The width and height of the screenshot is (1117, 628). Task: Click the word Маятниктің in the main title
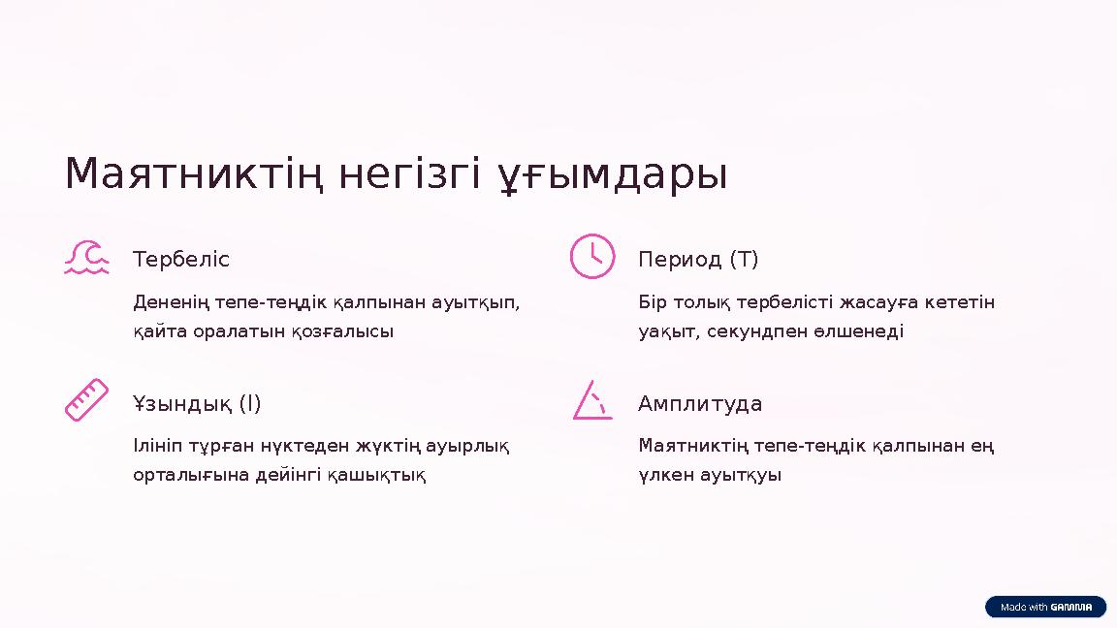click(x=196, y=175)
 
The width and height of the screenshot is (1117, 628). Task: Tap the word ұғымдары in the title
click(x=613, y=175)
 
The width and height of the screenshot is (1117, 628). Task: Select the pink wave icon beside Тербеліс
click(x=86, y=258)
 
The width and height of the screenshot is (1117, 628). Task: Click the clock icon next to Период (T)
click(x=591, y=256)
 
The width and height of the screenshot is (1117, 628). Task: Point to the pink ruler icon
click(x=86, y=400)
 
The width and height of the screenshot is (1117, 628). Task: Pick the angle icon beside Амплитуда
click(x=591, y=400)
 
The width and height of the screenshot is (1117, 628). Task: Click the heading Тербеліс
click(x=181, y=260)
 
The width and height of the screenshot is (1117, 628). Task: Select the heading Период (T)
click(x=698, y=260)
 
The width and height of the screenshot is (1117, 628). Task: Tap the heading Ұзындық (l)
click(x=197, y=403)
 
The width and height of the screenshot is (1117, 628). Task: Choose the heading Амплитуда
click(x=700, y=403)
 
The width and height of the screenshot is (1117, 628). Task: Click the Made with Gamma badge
click(x=1045, y=607)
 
